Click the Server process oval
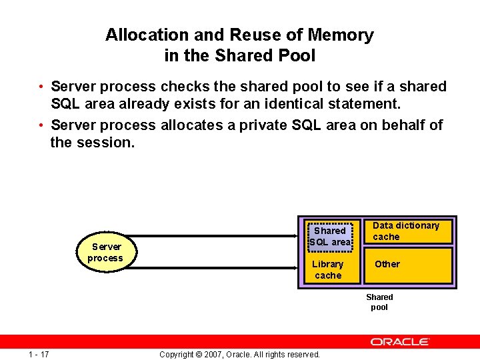tap(105, 252)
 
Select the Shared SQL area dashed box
tap(330, 236)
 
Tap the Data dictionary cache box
tap(406, 231)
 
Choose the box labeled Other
tap(407, 265)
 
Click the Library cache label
tap(328, 270)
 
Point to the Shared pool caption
tap(379, 302)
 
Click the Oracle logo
tap(400, 342)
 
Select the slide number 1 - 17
tap(39, 354)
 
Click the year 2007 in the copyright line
tap(213, 355)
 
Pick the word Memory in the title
tap(342, 35)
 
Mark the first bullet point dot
tap(41, 87)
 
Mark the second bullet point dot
tap(41, 126)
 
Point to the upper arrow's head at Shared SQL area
tap(301, 235)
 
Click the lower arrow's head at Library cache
tap(301, 267)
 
